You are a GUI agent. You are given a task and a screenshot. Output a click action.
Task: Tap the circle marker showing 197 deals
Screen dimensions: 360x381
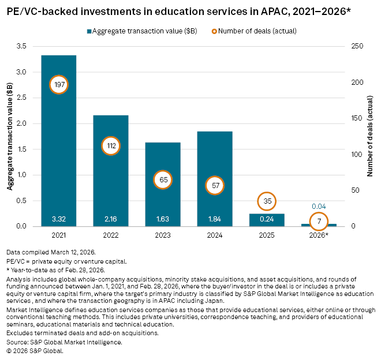(x=59, y=85)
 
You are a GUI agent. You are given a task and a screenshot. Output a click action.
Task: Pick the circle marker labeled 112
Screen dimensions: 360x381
(x=111, y=146)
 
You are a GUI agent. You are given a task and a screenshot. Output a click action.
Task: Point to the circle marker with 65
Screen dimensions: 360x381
(x=163, y=179)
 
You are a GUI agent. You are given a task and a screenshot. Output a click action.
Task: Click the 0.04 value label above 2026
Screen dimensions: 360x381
(x=319, y=206)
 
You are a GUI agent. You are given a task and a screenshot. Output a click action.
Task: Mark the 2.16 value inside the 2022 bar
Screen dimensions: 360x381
(x=111, y=219)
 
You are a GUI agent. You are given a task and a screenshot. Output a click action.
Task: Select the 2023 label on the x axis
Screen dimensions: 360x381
(x=163, y=235)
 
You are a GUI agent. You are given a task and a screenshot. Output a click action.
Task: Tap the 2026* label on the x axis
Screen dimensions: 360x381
(x=320, y=235)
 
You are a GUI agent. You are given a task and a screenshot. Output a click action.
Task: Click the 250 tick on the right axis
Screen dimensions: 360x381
(x=356, y=46)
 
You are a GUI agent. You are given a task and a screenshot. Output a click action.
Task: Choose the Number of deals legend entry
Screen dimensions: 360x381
(x=258, y=31)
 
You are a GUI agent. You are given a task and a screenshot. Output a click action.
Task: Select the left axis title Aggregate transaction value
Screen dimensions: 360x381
(x=10, y=136)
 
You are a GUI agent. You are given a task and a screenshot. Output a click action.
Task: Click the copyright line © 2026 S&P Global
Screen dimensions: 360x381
(x=35, y=350)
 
